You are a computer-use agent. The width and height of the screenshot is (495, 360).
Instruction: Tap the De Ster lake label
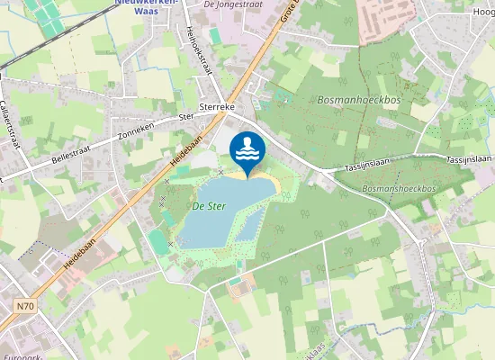[x=209, y=206]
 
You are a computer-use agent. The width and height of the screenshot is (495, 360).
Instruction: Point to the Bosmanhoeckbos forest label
[x=358, y=99]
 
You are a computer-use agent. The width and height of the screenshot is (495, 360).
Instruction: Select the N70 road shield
[x=24, y=307]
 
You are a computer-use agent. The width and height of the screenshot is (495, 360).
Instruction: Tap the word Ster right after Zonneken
[x=186, y=117]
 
